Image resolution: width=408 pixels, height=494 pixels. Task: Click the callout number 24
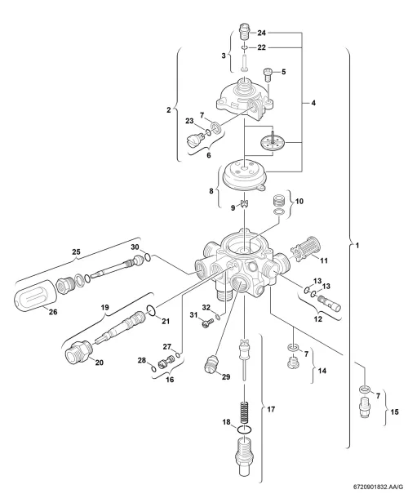pyautogui.click(x=261, y=33)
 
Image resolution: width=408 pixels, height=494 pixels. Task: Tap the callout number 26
pyautogui.click(x=53, y=312)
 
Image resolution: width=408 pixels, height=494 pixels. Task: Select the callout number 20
pyautogui.click(x=100, y=363)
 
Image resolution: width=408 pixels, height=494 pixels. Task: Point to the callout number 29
pyautogui.click(x=226, y=376)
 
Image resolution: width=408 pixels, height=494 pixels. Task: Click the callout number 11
pyautogui.click(x=324, y=260)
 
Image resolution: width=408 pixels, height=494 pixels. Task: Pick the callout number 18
pyautogui.click(x=226, y=422)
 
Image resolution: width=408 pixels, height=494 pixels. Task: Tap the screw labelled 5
pyautogui.click(x=268, y=74)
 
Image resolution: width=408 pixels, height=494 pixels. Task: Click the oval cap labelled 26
pyautogui.click(x=35, y=295)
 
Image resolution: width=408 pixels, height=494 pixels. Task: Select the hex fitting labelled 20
pyautogui.click(x=79, y=352)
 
